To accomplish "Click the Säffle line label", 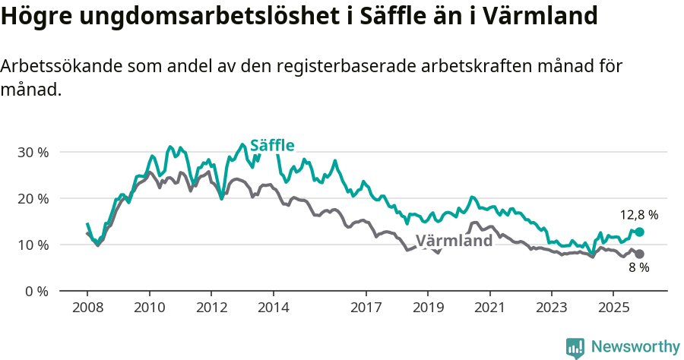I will (x=272, y=145).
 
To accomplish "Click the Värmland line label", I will (x=454, y=241).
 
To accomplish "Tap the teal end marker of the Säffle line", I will (x=639, y=232).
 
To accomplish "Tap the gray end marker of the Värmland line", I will (x=639, y=254).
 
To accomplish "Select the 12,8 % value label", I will (x=638, y=215).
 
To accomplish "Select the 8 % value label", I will (x=638, y=268).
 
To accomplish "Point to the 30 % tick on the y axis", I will (x=33, y=152).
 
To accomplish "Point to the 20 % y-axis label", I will (x=33, y=198).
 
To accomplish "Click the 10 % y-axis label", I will (x=33, y=245).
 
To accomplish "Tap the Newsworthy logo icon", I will (x=575, y=347).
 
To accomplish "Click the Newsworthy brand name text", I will (x=635, y=347).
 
